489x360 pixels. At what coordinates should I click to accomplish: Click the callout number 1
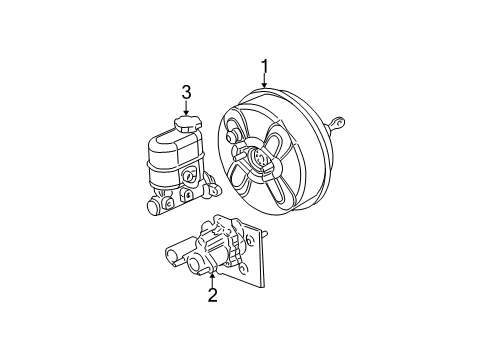click(x=265, y=67)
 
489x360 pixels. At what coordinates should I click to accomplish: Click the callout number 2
click(x=213, y=295)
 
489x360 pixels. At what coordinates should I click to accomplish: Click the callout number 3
click(x=186, y=92)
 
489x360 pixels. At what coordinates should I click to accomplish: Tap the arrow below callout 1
click(x=265, y=82)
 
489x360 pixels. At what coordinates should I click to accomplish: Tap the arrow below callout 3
click(x=186, y=108)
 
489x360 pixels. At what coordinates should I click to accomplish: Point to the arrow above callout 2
click(x=212, y=280)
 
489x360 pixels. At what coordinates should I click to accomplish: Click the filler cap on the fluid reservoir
click(x=188, y=123)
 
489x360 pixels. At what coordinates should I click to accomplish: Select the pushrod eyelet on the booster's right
click(x=339, y=122)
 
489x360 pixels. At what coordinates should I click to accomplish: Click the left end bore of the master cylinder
click(x=154, y=208)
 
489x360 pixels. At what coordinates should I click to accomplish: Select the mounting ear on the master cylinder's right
click(x=212, y=186)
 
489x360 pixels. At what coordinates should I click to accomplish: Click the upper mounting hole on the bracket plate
click(x=249, y=238)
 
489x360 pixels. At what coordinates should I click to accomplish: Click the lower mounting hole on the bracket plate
click(x=244, y=268)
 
